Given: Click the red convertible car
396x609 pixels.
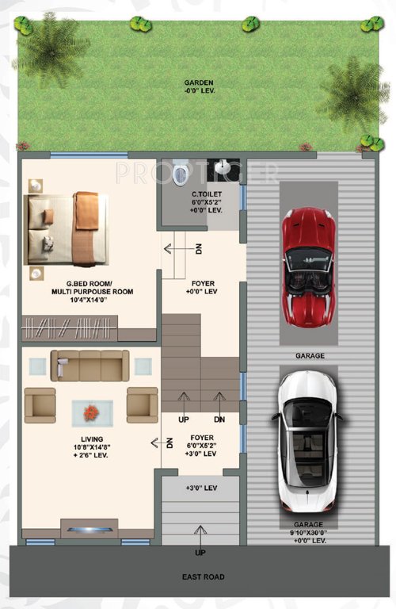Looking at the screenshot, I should tap(308, 267).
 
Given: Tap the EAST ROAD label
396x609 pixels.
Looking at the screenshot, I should tap(203, 577).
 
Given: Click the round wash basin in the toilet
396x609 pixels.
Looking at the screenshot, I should tap(225, 168).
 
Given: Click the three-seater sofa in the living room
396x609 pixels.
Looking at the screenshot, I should tap(89, 366).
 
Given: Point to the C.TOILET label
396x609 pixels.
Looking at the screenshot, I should tap(204, 194).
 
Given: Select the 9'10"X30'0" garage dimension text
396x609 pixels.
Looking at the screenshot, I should tap(309, 532).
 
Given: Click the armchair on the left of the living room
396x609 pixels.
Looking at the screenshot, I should tap(40, 404).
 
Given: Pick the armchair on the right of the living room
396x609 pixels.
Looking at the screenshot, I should tap(142, 404).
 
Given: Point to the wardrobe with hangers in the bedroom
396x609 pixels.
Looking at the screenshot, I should tap(70, 327).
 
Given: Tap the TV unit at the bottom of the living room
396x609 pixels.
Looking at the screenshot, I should tap(89, 530).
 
